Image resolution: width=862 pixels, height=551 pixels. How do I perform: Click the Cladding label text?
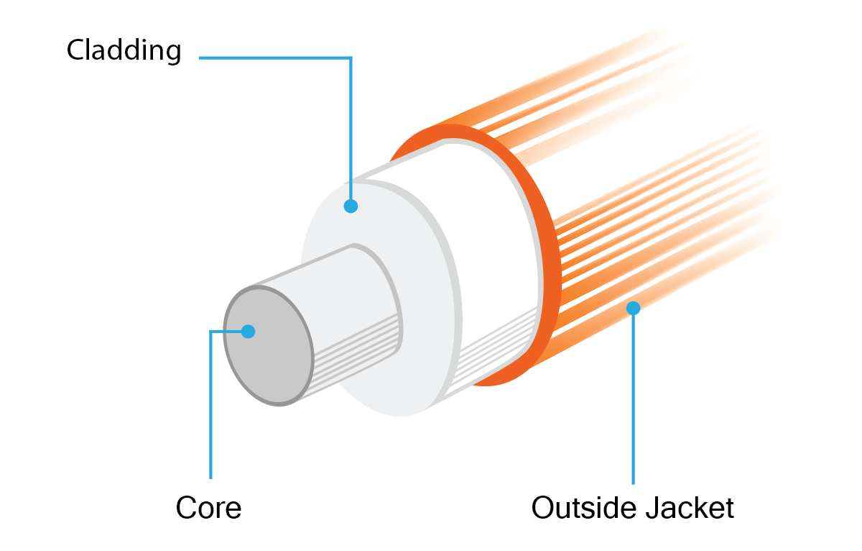point(124,51)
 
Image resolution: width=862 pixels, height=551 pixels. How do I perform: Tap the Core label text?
point(208,507)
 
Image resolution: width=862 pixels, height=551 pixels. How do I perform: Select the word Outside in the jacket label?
point(584,507)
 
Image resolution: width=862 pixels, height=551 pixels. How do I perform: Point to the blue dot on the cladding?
point(351,206)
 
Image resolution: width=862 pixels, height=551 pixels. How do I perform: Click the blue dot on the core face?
point(249,332)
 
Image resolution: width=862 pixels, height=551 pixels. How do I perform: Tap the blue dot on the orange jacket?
point(633,308)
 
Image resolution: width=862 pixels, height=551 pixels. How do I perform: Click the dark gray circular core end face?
point(269,345)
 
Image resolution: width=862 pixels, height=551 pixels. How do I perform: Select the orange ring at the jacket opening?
point(550,247)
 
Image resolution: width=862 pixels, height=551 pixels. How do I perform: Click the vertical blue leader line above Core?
point(210,404)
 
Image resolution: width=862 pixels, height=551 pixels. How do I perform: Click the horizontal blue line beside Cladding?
point(276,58)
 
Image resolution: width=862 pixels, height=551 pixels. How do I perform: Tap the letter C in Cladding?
point(78,50)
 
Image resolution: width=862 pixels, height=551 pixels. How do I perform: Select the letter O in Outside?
point(543,507)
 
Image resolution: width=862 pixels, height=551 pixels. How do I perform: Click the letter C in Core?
point(187,507)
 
